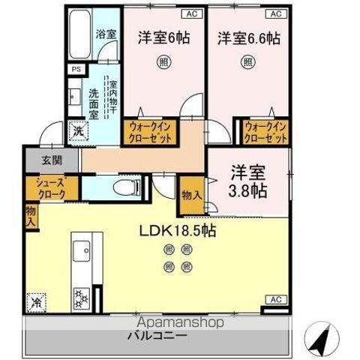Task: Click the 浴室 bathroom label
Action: pos(106,34)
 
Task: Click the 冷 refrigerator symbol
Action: pos(36,302)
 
